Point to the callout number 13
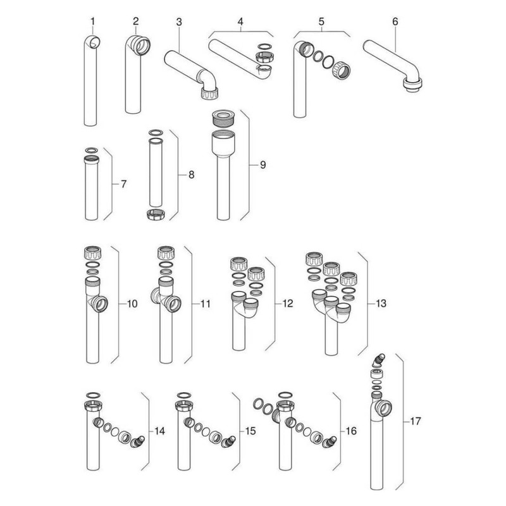381,304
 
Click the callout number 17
416,420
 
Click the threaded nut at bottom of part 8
156,214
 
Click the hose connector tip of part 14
135,444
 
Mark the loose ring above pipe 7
92,150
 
